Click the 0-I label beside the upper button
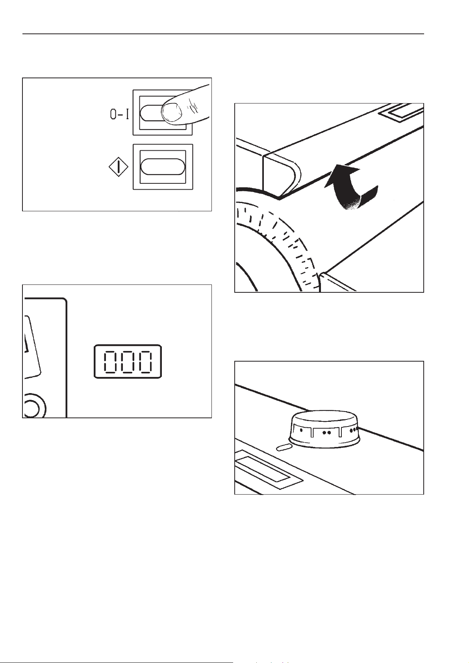(x=120, y=115)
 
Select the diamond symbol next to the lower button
(x=119, y=167)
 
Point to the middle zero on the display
(x=128, y=362)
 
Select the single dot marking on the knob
(x=301, y=430)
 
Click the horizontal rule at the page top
(x=223, y=34)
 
